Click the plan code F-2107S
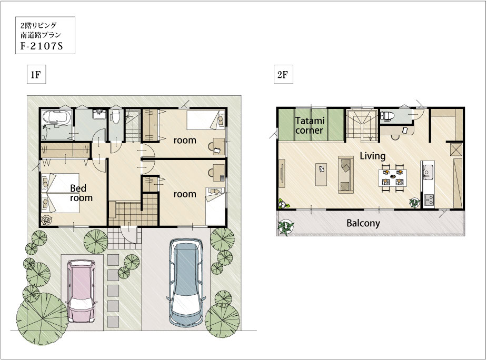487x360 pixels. coord(42,46)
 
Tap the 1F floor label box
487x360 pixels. coord(36,75)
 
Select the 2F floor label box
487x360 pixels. coord(283,75)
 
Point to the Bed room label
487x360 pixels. coord(81,193)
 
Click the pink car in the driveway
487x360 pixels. coord(82,291)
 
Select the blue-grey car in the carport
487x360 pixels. coord(186,283)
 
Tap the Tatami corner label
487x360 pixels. coord(310,125)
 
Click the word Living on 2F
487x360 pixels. coord(372,156)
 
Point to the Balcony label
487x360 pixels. coord(363,223)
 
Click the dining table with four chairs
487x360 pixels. coord(393,178)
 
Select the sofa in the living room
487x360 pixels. coord(346,175)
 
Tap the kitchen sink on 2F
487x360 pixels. coord(428,171)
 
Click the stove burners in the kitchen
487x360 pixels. coord(429,199)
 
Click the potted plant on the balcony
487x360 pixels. coord(286,227)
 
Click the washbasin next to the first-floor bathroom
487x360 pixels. coord(100,114)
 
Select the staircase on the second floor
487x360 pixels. coord(362,124)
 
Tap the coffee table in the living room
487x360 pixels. coord(321,175)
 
